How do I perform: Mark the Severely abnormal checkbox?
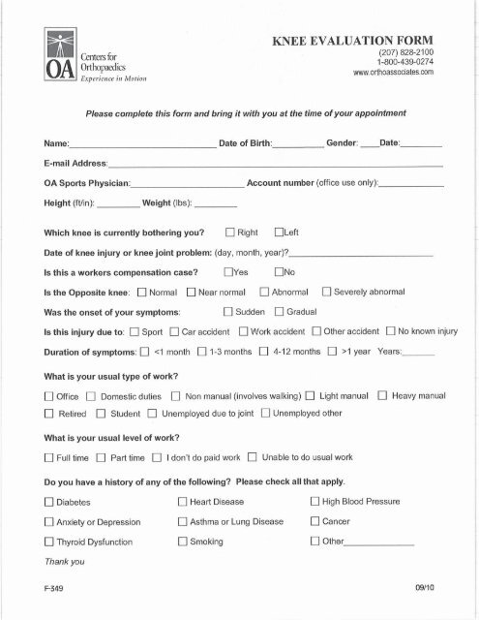point(327,292)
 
